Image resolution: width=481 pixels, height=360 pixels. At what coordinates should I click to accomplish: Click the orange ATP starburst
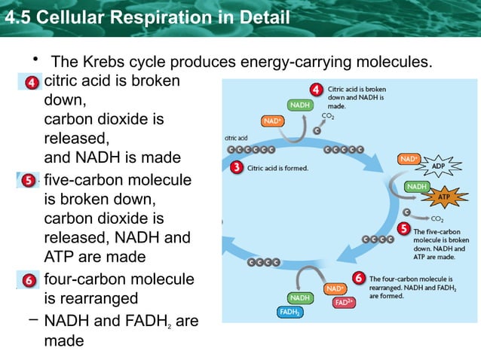(x=444, y=198)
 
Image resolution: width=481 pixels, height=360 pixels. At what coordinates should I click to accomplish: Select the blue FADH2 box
(x=290, y=312)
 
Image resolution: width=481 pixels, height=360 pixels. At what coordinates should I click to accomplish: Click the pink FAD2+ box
(x=343, y=303)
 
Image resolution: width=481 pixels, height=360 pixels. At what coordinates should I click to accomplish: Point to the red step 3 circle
(x=236, y=167)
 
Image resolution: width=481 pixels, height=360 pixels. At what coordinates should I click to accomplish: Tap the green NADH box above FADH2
(x=300, y=297)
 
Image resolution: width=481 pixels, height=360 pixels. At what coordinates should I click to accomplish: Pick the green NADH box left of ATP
(x=416, y=186)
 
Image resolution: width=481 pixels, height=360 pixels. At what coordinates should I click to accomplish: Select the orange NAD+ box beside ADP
(x=409, y=159)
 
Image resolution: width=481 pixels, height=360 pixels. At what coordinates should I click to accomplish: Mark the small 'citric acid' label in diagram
(x=237, y=138)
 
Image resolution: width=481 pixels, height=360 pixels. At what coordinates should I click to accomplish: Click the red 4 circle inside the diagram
(x=317, y=90)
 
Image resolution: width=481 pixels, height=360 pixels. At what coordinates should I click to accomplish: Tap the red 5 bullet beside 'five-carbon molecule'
(x=28, y=181)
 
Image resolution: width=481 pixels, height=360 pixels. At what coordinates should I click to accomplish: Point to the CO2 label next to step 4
(x=329, y=116)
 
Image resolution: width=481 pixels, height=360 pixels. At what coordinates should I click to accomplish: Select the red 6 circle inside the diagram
(x=359, y=279)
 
